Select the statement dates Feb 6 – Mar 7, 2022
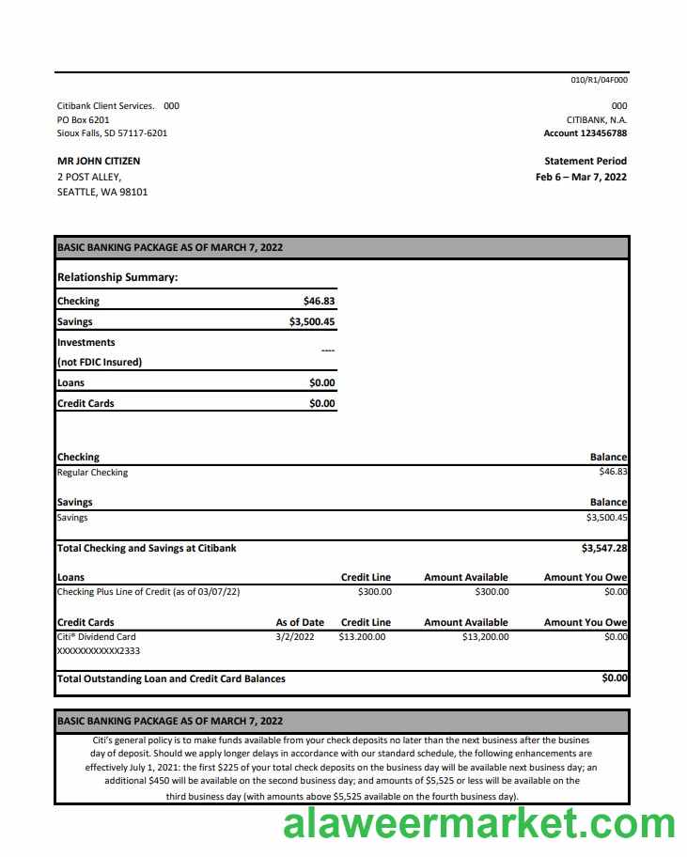pos(581,177)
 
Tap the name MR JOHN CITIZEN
pos(99,161)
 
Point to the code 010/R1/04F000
pos(599,80)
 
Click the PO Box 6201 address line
pos(83,119)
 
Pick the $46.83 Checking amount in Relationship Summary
pos(319,302)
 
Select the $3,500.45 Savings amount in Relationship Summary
pos(312,321)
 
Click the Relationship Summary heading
pos(117,277)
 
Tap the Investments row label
pos(86,343)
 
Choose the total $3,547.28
pos(604,548)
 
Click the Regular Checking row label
pos(92,473)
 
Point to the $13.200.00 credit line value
pos(362,637)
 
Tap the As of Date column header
pos(300,622)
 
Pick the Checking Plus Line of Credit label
pos(148,592)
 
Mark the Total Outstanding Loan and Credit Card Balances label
pos(171,678)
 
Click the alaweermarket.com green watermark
pos(478,824)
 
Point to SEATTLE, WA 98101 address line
pos(102,193)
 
